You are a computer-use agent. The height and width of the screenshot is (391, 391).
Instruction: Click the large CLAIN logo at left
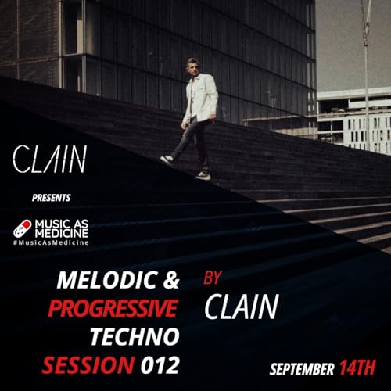(x=48, y=161)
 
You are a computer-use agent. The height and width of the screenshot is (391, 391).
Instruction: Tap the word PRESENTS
(x=51, y=198)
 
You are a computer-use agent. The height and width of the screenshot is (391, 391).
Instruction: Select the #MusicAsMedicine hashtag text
(x=51, y=242)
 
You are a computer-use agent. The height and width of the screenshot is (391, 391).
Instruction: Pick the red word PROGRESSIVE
(x=112, y=310)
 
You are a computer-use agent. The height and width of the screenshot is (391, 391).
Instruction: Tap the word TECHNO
(x=135, y=337)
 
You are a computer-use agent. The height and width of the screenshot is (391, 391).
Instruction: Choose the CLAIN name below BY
(x=241, y=307)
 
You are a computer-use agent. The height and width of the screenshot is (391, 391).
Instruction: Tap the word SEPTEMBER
(x=301, y=368)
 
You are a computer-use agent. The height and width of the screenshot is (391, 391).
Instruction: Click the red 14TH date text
(x=357, y=368)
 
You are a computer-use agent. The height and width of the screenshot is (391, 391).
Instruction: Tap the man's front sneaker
(x=167, y=160)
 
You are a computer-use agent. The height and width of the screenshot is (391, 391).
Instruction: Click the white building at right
(x=353, y=121)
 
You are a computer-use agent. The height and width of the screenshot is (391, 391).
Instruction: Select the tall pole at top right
(x=364, y=47)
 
